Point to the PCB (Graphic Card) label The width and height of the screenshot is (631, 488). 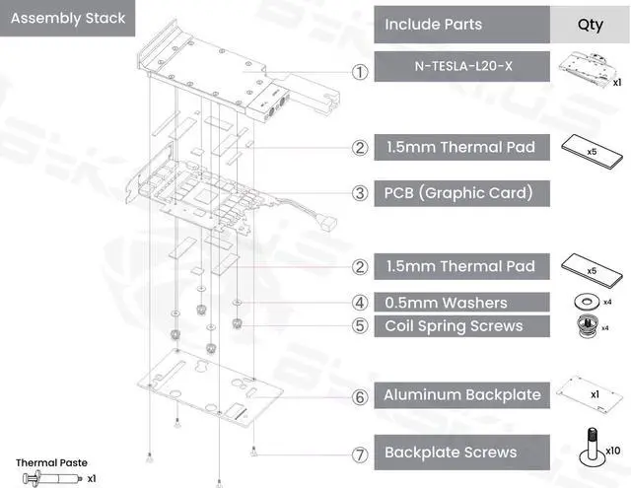(x=458, y=192)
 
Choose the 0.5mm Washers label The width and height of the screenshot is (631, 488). (x=447, y=303)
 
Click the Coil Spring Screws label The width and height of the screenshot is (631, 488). (x=454, y=325)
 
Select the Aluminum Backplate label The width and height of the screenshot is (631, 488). (x=462, y=394)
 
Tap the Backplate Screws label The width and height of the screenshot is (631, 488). (x=450, y=453)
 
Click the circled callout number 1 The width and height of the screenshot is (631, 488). (x=360, y=71)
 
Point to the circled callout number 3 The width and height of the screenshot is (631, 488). (x=360, y=192)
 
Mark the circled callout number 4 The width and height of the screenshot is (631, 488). (x=360, y=303)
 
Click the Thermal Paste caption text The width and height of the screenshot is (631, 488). (x=51, y=462)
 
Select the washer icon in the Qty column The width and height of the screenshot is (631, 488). (x=590, y=301)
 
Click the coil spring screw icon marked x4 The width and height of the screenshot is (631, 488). (x=590, y=325)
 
